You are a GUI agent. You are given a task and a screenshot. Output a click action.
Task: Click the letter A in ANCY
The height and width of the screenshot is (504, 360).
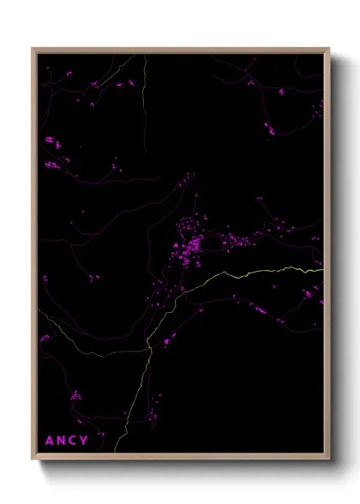click(x=49, y=441)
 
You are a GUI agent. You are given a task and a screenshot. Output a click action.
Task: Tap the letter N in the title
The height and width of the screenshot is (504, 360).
click(x=60, y=441)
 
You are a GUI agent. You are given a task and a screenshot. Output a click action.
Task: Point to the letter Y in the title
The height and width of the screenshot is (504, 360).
click(x=83, y=441)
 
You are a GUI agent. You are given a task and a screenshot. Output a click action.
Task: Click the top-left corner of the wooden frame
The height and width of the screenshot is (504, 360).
click(x=33, y=49)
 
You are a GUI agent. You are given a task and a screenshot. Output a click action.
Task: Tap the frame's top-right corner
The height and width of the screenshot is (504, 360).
click(x=328, y=49)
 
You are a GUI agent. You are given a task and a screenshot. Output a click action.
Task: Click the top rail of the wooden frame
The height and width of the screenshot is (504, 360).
click(x=181, y=50)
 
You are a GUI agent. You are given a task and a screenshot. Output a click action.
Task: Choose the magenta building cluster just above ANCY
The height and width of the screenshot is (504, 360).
click(x=75, y=396)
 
